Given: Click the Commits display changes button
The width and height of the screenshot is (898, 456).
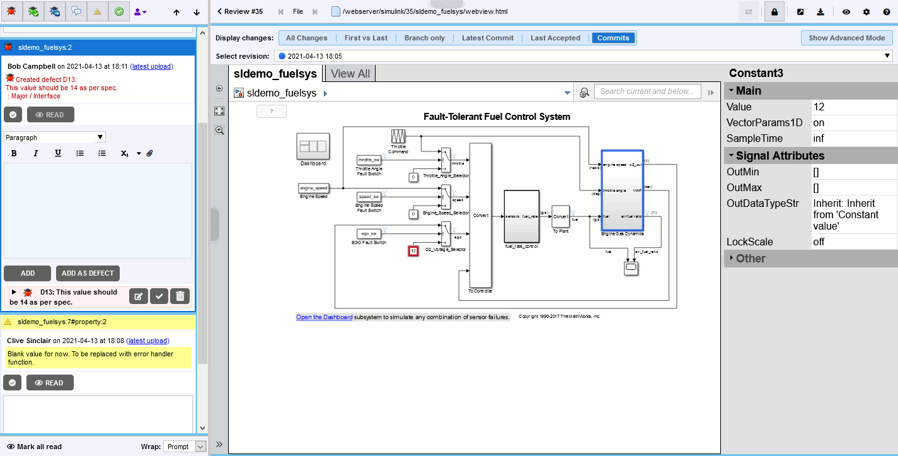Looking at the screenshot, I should click(x=613, y=38).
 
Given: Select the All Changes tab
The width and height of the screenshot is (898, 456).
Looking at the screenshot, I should click(x=306, y=38).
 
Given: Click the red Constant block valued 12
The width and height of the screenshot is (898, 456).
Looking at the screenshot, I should click(x=413, y=251).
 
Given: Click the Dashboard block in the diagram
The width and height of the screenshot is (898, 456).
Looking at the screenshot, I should click(x=313, y=147).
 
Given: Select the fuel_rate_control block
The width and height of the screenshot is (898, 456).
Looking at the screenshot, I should click(x=521, y=216).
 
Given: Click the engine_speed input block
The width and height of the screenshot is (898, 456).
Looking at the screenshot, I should click(x=313, y=188).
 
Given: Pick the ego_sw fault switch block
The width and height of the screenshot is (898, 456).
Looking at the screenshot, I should click(x=369, y=233).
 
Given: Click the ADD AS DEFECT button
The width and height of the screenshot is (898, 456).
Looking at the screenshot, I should click(x=88, y=273).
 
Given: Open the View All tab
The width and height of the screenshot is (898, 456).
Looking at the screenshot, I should click(x=350, y=74).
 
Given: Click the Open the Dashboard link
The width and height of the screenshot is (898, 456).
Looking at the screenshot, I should click(x=324, y=317).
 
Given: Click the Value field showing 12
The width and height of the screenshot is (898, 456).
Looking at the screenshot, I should click(x=853, y=107).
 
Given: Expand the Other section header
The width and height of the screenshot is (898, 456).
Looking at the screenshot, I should click(x=750, y=259).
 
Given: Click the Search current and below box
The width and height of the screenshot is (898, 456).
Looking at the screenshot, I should click(x=647, y=91).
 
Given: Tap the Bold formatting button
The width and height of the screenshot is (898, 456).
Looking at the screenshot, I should click(x=14, y=153).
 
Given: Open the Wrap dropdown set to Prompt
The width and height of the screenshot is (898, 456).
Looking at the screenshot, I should click(x=184, y=447).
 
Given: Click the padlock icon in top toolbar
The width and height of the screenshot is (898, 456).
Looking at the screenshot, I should click(x=774, y=11).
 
